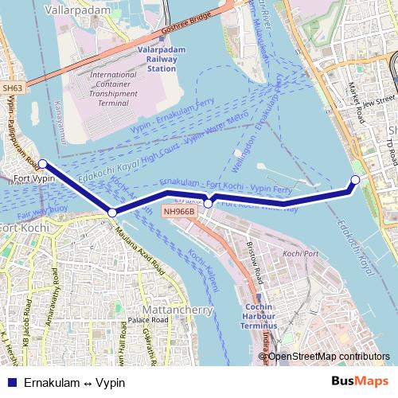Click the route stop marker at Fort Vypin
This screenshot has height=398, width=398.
click(42, 165)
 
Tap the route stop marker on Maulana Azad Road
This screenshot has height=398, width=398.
click(112, 213)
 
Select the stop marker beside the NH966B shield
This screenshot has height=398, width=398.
click(208, 204)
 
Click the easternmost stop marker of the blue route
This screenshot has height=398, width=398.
click(355, 180)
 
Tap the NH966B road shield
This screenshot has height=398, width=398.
click(178, 212)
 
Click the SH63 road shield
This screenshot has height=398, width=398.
click(12, 88)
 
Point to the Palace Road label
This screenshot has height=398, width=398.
click(149, 320)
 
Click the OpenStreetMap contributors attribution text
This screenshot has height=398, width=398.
click(327, 356)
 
